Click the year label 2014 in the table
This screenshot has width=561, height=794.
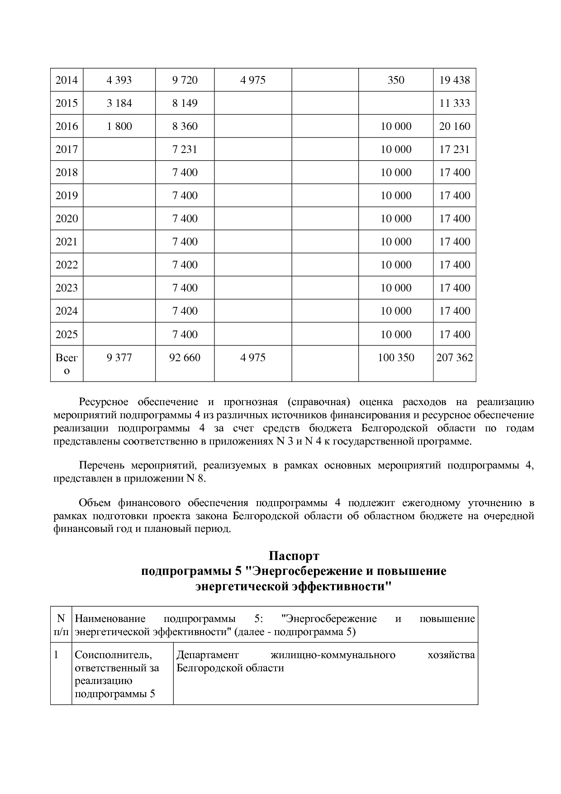click(67, 80)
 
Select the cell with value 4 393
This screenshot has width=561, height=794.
click(119, 80)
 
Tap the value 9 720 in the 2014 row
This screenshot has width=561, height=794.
click(185, 80)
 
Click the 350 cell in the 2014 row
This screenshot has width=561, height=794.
click(396, 80)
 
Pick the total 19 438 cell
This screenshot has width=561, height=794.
click(455, 80)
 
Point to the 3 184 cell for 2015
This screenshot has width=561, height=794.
click(119, 103)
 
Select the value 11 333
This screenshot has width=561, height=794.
click(455, 103)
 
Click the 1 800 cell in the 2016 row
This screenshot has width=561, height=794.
click(119, 126)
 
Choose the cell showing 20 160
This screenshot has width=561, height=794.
click(455, 126)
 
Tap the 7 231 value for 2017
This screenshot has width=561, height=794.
click(185, 149)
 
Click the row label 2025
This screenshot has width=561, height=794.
click(67, 335)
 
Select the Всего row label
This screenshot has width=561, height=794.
click(67, 364)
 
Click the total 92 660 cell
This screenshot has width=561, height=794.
click(185, 358)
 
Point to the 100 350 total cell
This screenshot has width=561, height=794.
click(396, 358)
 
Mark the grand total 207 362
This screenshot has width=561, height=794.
click(455, 358)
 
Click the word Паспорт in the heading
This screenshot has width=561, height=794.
click(294, 555)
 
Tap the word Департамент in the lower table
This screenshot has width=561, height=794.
click(207, 655)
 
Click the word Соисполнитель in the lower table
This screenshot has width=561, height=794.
click(113, 655)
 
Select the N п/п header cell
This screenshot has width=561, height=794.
click(61, 625)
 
